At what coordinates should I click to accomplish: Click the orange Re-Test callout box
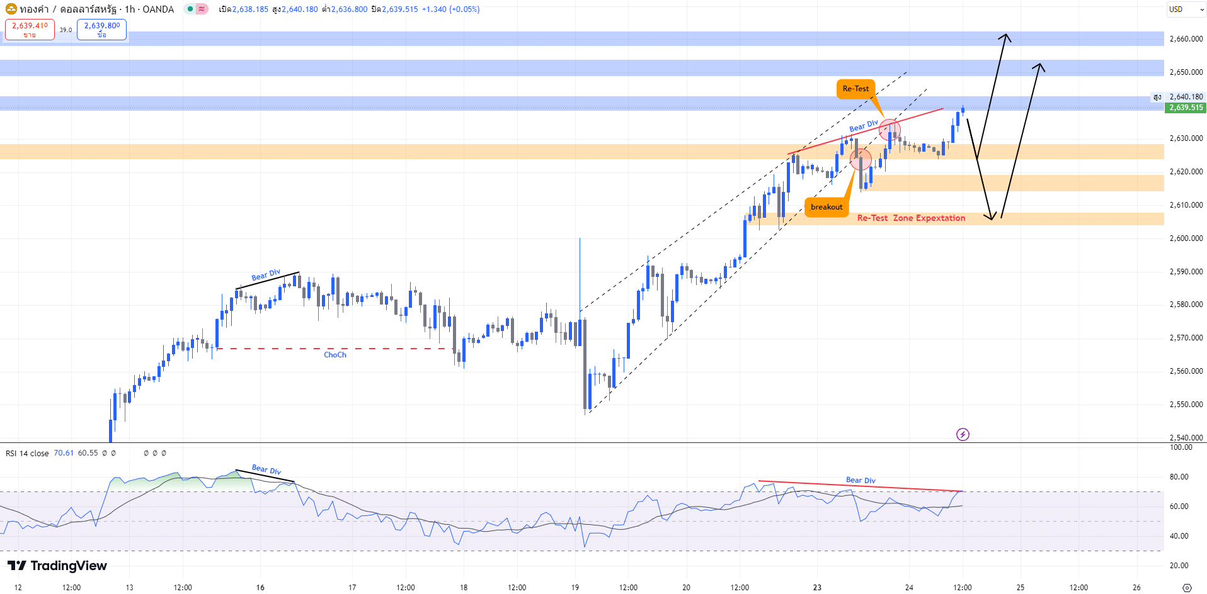click(x=855, y=89)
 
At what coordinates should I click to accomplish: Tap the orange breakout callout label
click(x=827, y=207)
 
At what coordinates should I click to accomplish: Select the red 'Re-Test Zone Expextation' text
click(x=911, y=218)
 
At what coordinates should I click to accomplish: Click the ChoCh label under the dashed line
click(x=335, y=355)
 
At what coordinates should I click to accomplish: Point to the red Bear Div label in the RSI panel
click(x=861, y=480)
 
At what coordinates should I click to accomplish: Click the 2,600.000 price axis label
click(x=1186, y=238)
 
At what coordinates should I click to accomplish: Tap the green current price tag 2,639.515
click(x=1186, y=108)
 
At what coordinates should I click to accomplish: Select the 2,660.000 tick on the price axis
click(x=1186, y=39)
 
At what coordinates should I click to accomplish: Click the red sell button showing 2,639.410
click(x=30, y=29)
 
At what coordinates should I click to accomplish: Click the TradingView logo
click(x=57, y=566)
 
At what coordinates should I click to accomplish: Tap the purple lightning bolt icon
click(x=963, y=434)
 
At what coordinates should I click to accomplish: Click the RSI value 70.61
click(x=64, y=453)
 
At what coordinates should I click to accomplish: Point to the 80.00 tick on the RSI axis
click(x=1179, y=477)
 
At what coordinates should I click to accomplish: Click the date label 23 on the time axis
click(x=817, y=588)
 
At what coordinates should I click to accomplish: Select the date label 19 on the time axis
click(x=575, y=588)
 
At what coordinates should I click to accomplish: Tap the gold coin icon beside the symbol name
click(x=11, y=9)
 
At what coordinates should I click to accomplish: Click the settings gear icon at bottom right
click(x=1187, y=588)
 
